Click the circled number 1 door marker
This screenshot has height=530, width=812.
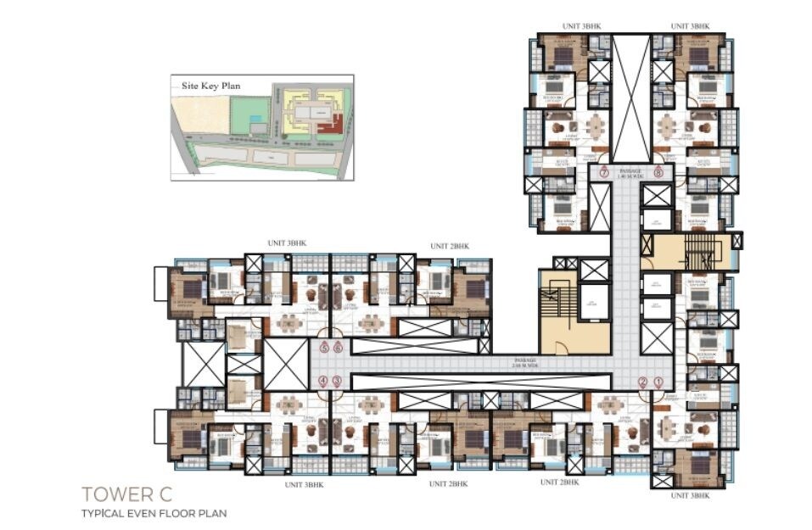(658, 382)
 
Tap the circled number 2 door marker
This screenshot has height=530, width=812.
(642, 382)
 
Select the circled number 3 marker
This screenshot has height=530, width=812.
(337, 382)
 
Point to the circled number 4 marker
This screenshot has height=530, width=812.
(322, 382)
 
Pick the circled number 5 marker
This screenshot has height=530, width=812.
(323, 347)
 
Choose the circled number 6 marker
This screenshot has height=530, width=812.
(338, 347)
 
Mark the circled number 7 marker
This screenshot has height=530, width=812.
(604, 172)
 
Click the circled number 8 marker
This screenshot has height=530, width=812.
(658, 172)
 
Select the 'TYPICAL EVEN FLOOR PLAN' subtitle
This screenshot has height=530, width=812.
(154, 513)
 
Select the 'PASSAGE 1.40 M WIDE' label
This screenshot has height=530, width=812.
(631, 172)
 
